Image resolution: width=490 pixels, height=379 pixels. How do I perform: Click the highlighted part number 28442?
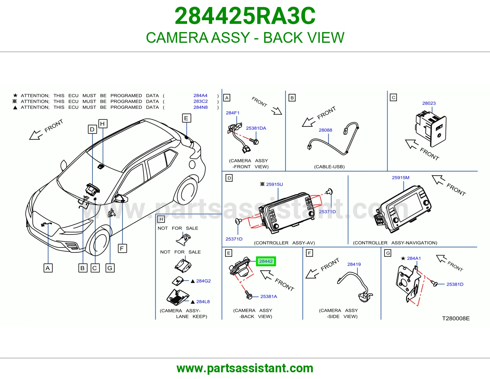(266, 261)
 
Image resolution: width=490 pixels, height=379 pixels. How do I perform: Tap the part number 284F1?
(232, 113)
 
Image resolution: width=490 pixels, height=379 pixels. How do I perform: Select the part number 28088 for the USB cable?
(325, 130)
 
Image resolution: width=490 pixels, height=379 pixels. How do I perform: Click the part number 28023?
(429, 103)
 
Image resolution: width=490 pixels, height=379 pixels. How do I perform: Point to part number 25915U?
(274, 184)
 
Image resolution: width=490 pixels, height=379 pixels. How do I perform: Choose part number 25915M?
(401, 178)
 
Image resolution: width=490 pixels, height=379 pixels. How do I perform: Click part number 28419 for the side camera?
(354, 264)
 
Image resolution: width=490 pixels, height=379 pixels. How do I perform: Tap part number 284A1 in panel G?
(414, 258)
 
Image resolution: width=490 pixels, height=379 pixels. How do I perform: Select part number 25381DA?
(256, 128)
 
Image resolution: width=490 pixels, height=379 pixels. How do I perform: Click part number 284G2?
(203, 281)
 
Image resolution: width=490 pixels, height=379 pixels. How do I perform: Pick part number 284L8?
(203, 302)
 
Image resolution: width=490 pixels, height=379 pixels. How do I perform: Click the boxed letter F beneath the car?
(122, 248)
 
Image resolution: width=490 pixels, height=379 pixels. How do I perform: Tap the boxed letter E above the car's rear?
(187, 118)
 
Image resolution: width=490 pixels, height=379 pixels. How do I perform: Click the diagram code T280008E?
(456, 318)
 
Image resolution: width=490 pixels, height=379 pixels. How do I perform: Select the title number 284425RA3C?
(245, 16)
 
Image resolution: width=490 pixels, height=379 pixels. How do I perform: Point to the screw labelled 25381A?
(249, 295)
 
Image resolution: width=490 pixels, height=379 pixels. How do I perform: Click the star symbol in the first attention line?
(15, 95)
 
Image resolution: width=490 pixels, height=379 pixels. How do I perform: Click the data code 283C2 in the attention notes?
(201, 101)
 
